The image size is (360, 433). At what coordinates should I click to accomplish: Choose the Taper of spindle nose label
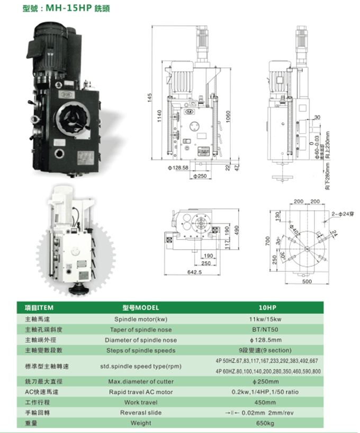click(x=140, y=330)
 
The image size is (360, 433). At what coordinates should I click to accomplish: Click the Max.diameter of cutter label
click(x=140, y=382)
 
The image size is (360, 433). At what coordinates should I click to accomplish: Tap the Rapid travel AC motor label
click(x=140, y=392)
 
